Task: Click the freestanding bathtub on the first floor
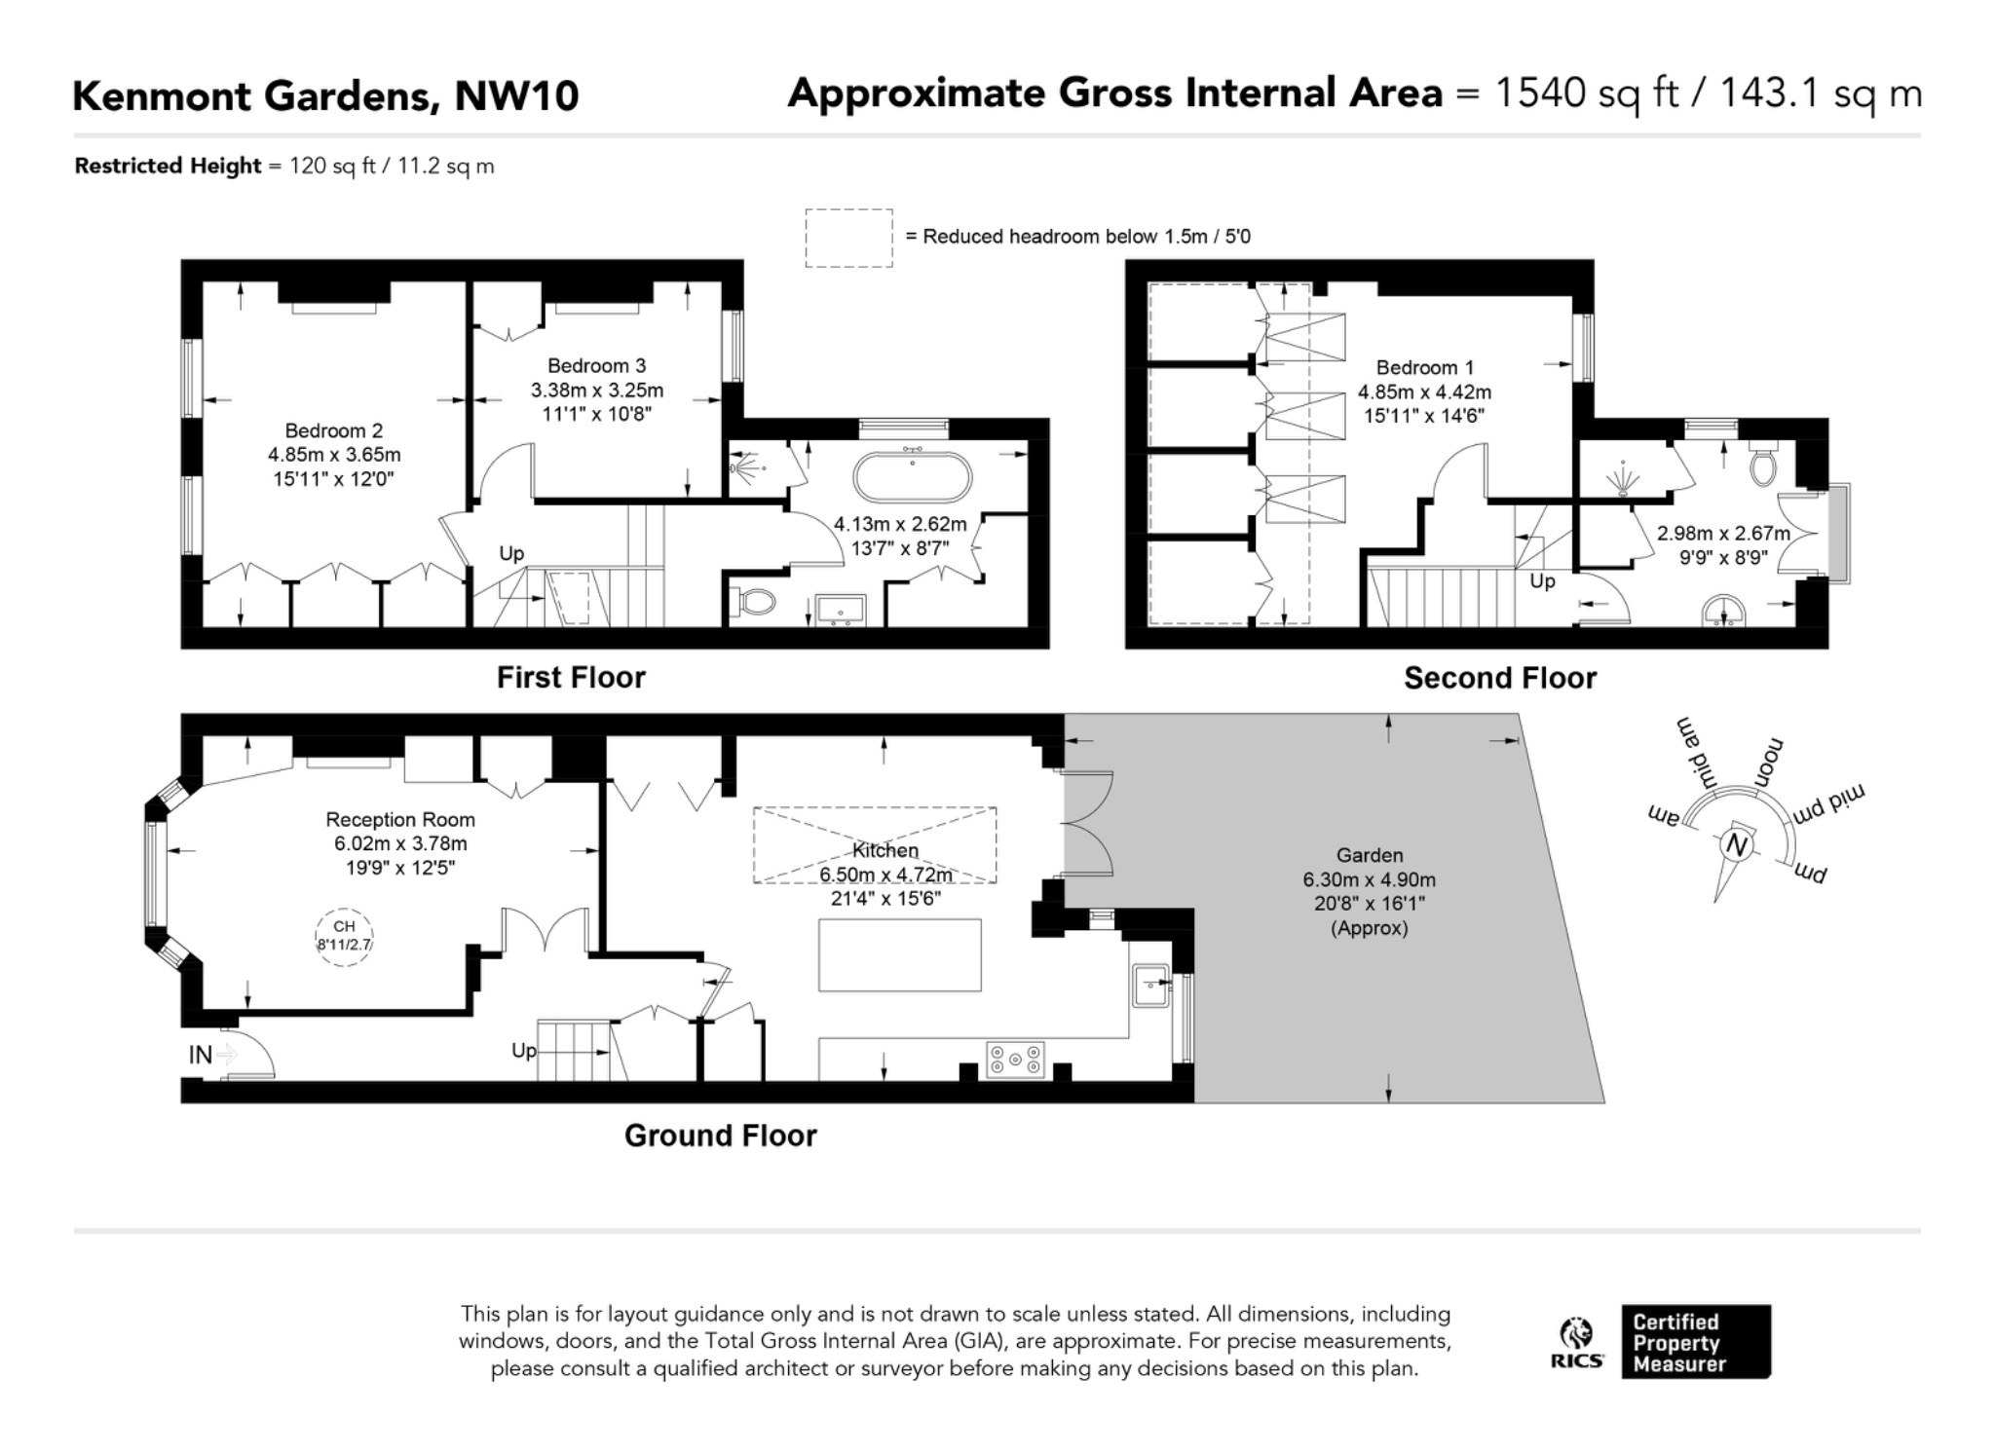pyautogui.click(x=912, y=477)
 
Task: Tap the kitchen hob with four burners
pyautogui.click(x=1016, y=1060)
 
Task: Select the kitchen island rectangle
pyautogui.click(x=899, y=954)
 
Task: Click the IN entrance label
pyautogui.click(x=200, y=1055)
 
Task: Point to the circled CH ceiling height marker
pyautogui.click(x=344, y=936)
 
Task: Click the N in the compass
pyautogui.click(x=1735, y=844)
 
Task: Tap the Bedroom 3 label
pyautogui.click(x=596, y=366)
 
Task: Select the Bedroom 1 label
pyautogui.click(x=1424, y=368)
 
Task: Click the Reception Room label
pyautogui.click(x=400, y=820)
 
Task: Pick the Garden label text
pyautogui.click(x=1370, y=855)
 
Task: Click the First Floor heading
pyautogui.click(x=571, y=678)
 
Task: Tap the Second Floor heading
pyautogui.click(x=1500, y=678)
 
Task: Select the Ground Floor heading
pyautogui.click(x=720, y=1136)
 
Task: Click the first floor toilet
pyautogui.click(x=753, y=602)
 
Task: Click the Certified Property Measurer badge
pyautogui.click(x=1696, y=1342)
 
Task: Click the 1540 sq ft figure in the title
pyautogui.click(x=1587, y=93)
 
